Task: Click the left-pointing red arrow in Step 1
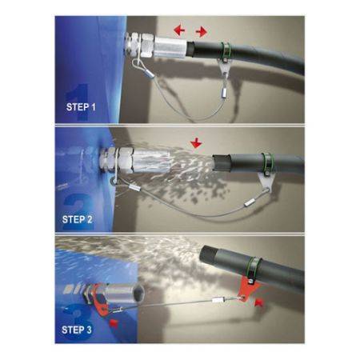click(x=180, y=30)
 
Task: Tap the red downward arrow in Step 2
click(x=194, y=145)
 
